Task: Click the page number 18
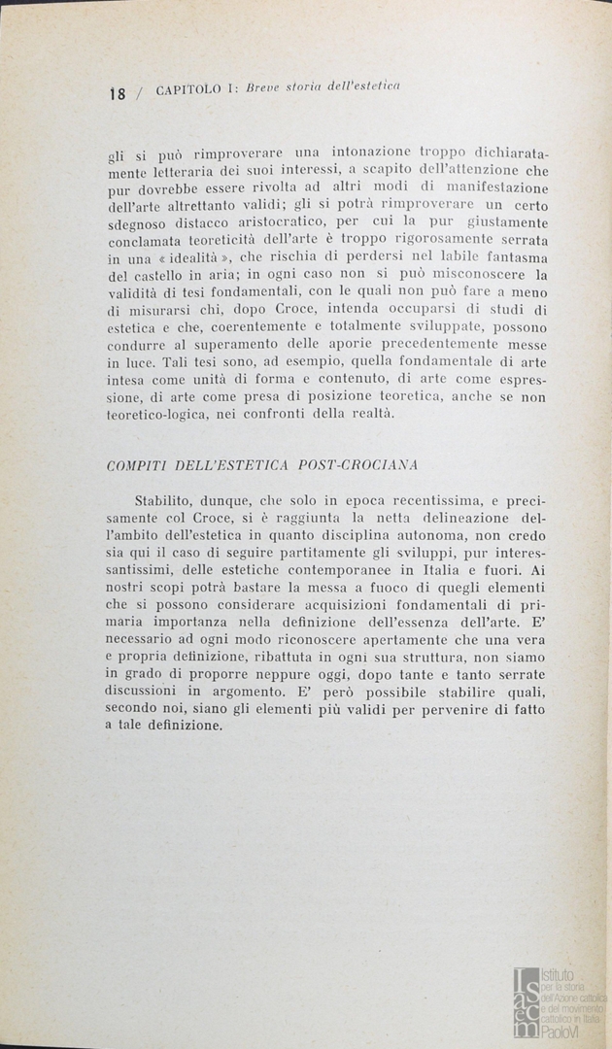tap(118, 94)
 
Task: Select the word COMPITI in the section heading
tap(134, 465)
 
